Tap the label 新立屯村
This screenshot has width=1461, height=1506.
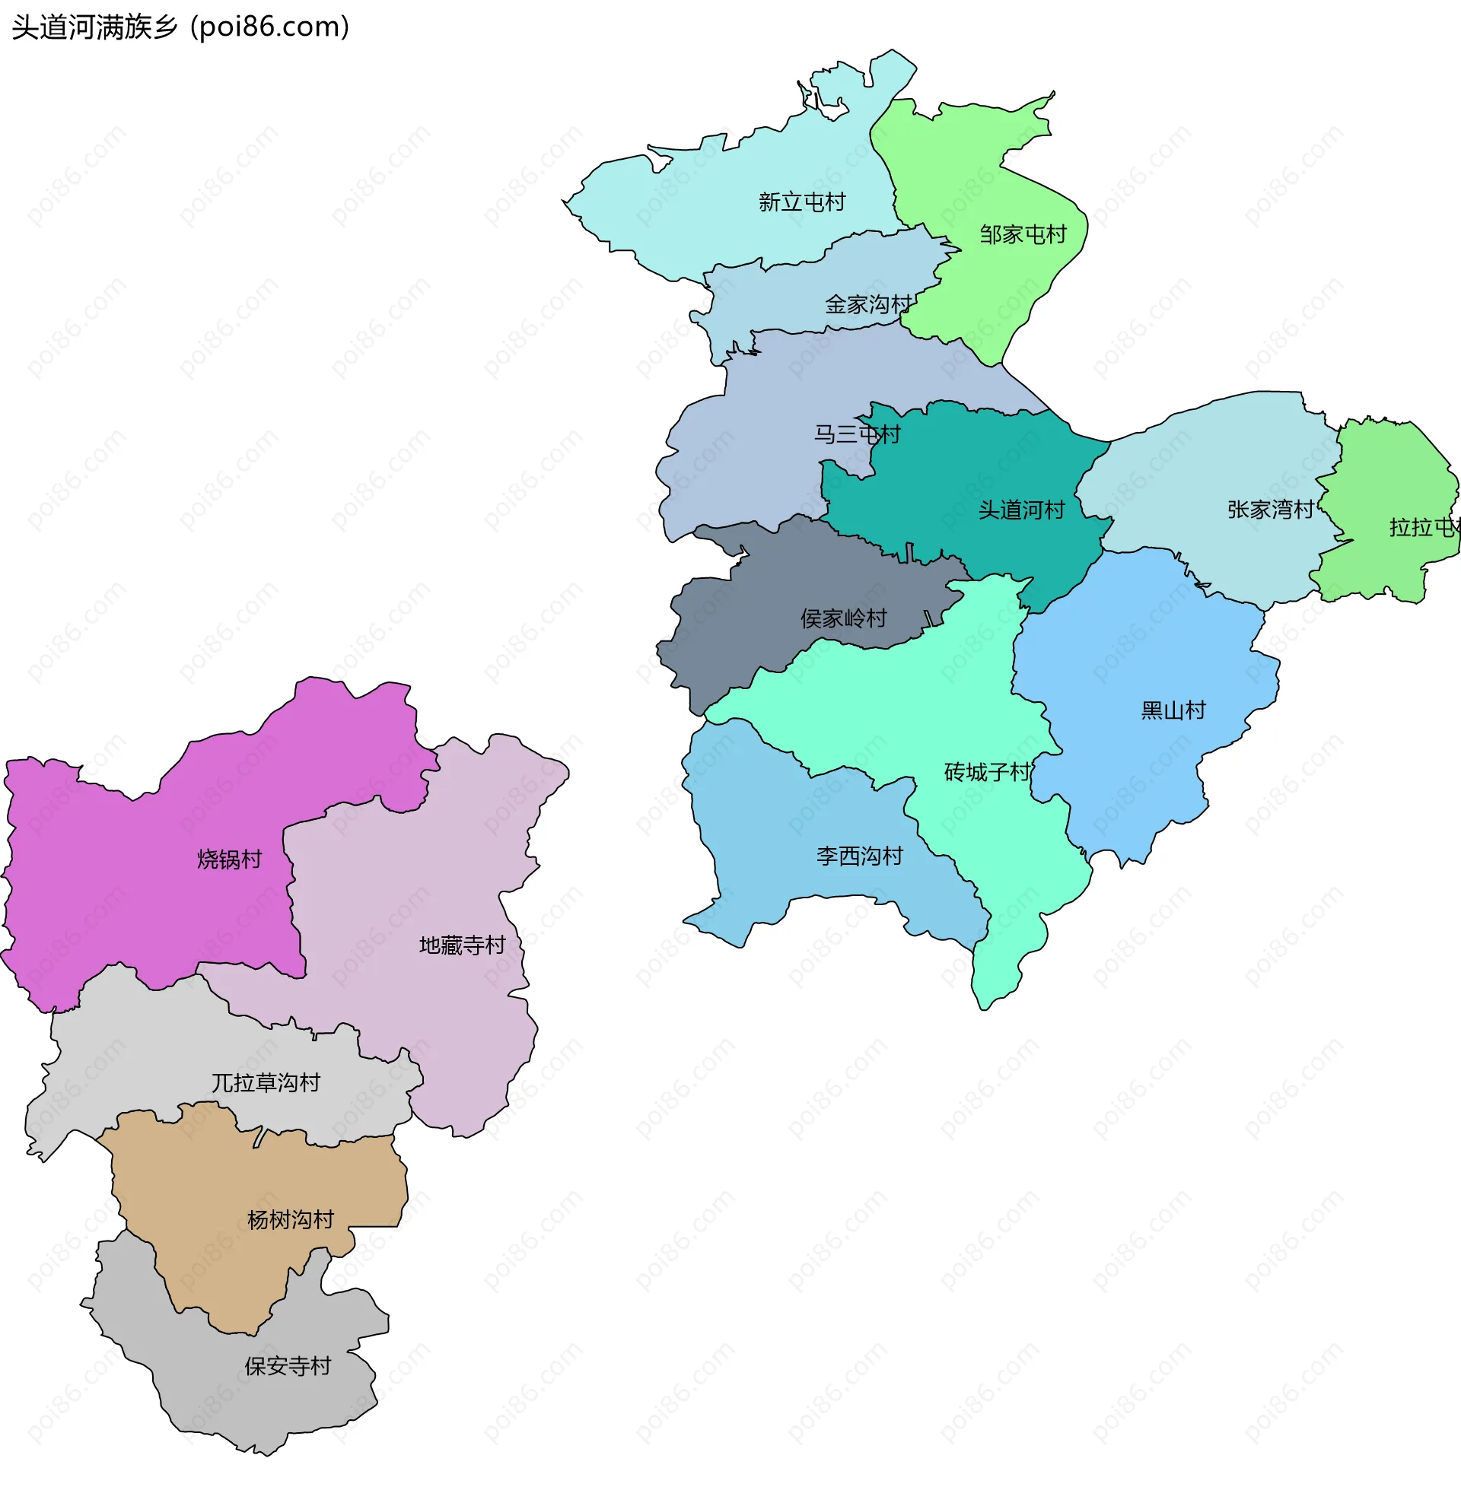pyautogui.click(x=801, y=202)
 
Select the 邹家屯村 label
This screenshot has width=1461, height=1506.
pyautogui.click(x=1023, y=234)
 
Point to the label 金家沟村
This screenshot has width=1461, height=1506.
pyautogui.click(x=867, y=305)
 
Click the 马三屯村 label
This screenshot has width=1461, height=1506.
pyautogui.click(x=857, y=435)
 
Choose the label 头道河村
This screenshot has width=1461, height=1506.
pyautogui.click(x=1021, y=510)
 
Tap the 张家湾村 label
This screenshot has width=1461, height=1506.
pyautogui.click(x=1271, y=510)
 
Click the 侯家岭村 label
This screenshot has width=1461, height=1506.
pyautogui.click(x=844, y=618)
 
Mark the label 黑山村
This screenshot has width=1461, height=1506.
pyautogui.click(x=1173, y=710)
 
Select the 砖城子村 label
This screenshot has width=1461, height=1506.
pyautogui.click(x=988, y=772)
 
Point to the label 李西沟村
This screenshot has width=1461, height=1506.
pyautogui.click(x=859, y=856)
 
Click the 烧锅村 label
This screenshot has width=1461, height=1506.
pyautogui.click(x=230, y=859)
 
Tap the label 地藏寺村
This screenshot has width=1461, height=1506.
pyautogui.click(x=462, y=945)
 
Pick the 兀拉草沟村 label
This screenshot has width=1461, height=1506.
pyautogui.click(x=266, y=1083)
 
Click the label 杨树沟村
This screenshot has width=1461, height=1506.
pyautogui.click(x=291, y=1220)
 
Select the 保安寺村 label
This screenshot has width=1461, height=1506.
pyautogui.click(x=288, y=1366)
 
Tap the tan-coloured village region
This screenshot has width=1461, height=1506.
pyautogui.click(x=231, y=1260)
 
